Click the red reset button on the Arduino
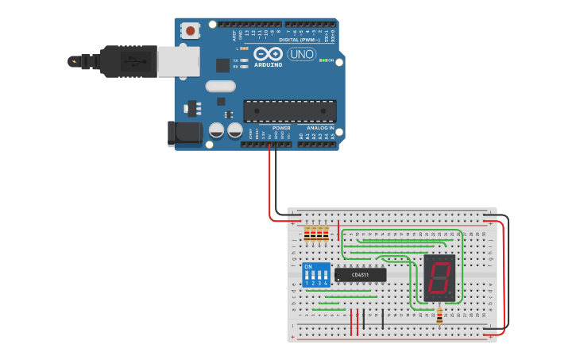[191, 30]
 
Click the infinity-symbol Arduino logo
[269, 53]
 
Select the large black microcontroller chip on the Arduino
[290, 111]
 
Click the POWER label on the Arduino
[281, 128]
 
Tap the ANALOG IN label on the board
[320, 128]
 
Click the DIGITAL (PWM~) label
[299, 39]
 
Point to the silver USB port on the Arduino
[178, 61]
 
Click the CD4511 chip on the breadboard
[361, 275]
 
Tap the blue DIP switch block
[316, 275]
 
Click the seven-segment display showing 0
[439, 278]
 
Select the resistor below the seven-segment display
[439, 315]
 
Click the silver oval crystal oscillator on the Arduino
[220, 86]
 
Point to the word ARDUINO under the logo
[269, 64]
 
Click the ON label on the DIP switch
[308, 266]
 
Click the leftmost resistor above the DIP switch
[307, 234]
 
